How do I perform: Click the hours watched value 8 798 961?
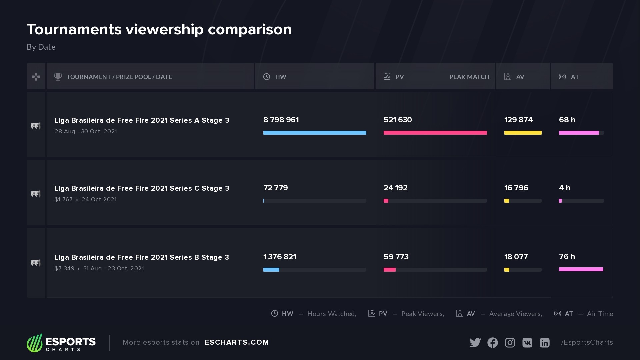tap(281, 120)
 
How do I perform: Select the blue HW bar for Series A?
tap(315, 133)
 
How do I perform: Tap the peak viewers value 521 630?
tap(398, 120)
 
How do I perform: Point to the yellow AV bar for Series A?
tap(523, 133)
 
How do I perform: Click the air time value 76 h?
tap(567, 257)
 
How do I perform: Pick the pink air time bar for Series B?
tap(581, 269)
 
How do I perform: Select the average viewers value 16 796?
tap(516, 188)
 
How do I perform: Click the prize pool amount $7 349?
tap(64, 269)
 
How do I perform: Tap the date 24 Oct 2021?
tap(99, 200)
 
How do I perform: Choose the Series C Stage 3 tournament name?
tap(142, 188)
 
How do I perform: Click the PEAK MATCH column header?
tap(469, 77)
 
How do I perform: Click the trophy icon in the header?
tap(58, 77)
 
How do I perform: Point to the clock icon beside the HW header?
tap(267, 77)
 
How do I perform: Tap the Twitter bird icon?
tap(475, 343)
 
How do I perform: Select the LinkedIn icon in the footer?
tap(545, 343)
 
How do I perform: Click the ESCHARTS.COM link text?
tap(237, 342)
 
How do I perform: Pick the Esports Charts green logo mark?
tap(35, 343)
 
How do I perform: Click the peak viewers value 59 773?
tap(396, 257)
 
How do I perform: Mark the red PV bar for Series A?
tap(435, 133)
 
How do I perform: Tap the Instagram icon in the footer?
tap(510, 343)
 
